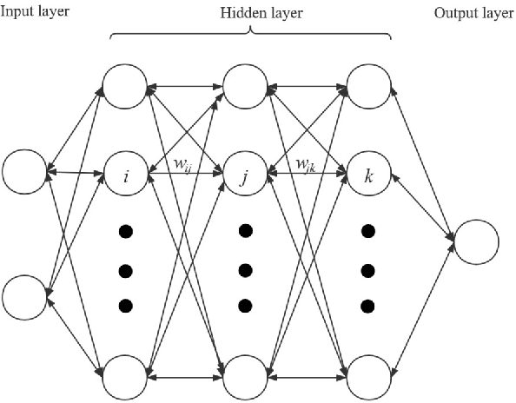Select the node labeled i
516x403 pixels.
point(127,175)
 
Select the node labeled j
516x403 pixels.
point(248,175)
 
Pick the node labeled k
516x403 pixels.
point(369,175)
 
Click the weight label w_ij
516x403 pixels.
point(183,164)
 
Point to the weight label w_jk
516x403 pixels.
point(305,164)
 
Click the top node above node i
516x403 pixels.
point(127,86)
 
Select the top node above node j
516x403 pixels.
point(248,86)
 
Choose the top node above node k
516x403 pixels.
point(369,86)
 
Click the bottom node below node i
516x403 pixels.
point(127,377)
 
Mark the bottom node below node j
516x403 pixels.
point(248,377)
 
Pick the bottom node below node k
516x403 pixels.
point(369,377)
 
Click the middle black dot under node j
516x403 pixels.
point(246,268)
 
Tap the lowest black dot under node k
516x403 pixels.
point(368,305)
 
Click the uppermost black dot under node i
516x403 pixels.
point(126,232)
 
